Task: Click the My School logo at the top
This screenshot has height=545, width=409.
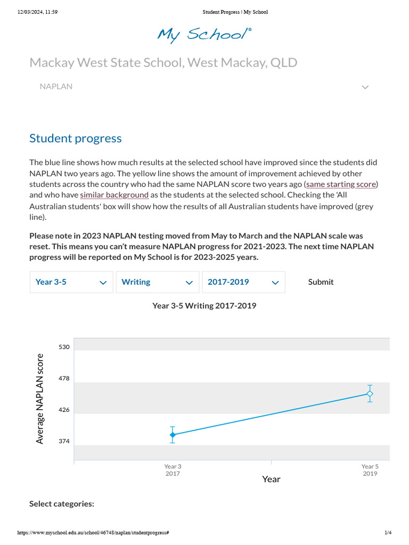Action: [x=204, y=35]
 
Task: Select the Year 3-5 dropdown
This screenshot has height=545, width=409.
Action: [x=71, y=282]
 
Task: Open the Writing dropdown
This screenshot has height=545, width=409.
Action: [x=158, y=282]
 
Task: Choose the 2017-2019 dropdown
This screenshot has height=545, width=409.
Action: [x=243, y=282]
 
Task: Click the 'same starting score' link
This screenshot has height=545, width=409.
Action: [x=341, y=185]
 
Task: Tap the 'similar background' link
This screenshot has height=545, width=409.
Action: [x=114, y=195]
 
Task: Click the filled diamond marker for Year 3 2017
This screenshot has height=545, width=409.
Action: [x=173, y=435]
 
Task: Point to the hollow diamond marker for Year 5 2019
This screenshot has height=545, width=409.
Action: [x=370, y=394]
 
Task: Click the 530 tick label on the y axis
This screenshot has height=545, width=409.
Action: [x=64, y=347]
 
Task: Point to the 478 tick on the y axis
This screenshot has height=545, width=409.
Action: [x=64, y=378]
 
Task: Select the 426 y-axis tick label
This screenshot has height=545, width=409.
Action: [x=64, y=410]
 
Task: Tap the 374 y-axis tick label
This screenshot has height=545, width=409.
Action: [x=64, y=442]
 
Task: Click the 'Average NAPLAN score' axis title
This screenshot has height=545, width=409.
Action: [x=40, y=399]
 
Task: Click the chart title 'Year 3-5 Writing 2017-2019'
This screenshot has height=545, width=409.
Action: [x=204, y=305]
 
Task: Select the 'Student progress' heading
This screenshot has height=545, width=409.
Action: [x=76, y=138]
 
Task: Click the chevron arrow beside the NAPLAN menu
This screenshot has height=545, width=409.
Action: [x=365, y=87]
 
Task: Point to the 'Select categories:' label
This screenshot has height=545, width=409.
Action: [x=62, y=503]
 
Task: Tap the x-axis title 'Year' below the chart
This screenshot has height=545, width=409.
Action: [x=271, y=479]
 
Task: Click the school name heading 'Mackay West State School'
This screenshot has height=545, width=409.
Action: [x=163, y=63]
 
